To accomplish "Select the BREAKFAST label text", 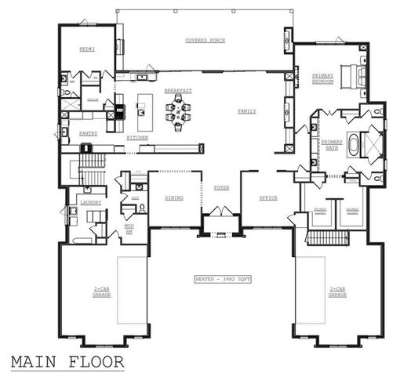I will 177,90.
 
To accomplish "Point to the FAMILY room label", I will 247,111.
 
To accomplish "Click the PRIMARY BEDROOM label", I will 323,78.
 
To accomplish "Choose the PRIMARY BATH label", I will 332,145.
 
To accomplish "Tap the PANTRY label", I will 89,133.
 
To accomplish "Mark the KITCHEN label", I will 138,138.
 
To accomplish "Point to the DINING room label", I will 173,197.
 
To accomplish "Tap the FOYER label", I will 220,189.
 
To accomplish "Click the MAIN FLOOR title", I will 67,361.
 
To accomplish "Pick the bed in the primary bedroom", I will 360,74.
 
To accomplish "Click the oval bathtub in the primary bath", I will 355,146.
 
